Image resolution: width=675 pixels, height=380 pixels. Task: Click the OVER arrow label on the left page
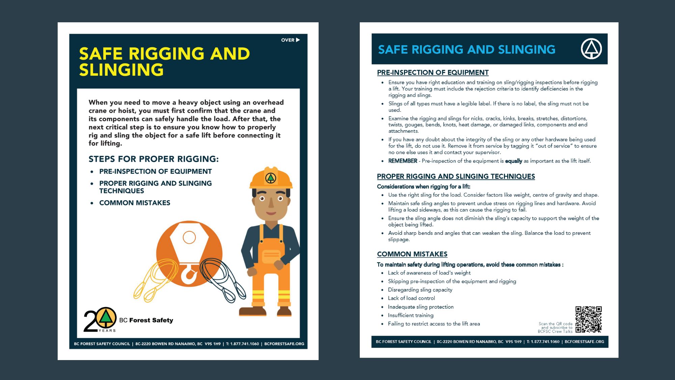pos(290,40)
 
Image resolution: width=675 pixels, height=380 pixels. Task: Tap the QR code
pos(589,319)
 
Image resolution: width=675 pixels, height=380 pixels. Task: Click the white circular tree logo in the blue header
pos(591,49)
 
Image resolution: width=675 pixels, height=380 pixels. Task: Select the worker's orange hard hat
pos(271,178)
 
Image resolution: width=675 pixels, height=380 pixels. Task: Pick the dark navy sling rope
pos(223,279)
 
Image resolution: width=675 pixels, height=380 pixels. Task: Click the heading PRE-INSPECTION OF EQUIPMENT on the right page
pos(433,73)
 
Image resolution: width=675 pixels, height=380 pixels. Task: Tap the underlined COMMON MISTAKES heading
pos(412,254)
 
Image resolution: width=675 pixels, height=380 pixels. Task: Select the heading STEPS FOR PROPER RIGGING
pos(154,159)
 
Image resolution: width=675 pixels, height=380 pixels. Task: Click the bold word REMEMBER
pos(403,161)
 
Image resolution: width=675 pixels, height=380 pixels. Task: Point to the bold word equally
pos(513,161)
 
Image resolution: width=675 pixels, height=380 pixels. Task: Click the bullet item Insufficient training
pos(410,315)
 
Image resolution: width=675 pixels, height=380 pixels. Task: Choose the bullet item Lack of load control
pos(411,298)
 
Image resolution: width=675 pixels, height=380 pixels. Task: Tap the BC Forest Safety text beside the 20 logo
pos(146,320)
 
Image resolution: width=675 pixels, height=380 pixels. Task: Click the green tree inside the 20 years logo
pos(106,317)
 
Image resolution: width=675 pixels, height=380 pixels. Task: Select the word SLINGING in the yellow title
pos(122,70)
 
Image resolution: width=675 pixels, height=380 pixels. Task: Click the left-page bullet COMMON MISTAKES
pos(135,203)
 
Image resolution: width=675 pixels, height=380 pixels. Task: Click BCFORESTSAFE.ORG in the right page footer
pos(584,342)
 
